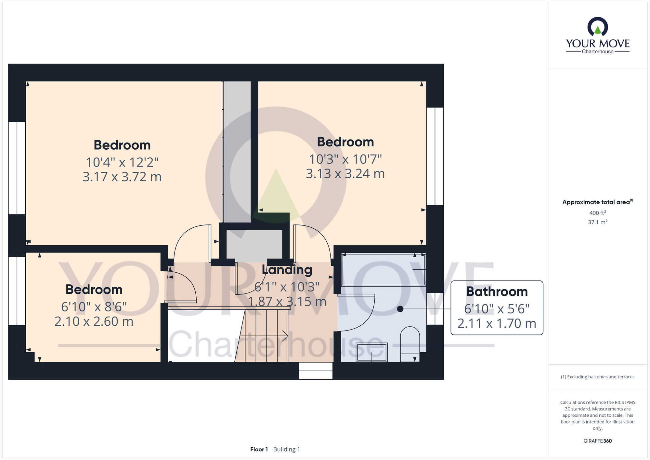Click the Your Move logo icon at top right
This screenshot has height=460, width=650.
598,26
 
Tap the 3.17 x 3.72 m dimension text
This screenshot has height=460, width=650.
122,177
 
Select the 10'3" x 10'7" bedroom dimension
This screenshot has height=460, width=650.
345,159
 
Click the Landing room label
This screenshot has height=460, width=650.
287,270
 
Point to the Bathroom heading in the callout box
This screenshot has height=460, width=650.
497,291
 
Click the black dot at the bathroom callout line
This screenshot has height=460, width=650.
400,309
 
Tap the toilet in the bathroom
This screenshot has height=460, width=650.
410,344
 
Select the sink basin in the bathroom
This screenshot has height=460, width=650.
372,352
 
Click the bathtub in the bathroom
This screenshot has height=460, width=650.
383,270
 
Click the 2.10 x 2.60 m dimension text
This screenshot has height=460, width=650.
94,322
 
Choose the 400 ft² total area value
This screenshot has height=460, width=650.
598,213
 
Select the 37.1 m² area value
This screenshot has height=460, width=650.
598,222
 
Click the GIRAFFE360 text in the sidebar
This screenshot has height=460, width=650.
598,441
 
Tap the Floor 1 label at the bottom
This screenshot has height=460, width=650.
259,449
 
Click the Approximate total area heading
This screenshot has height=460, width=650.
598,202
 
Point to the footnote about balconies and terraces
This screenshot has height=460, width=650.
598,377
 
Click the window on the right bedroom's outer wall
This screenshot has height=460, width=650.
435,156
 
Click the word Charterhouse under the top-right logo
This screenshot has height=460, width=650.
598,51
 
